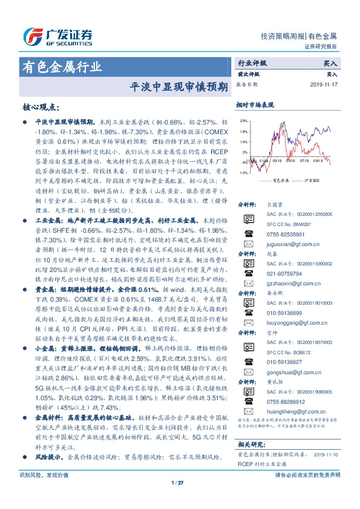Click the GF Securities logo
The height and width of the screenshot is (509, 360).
pos(57,35)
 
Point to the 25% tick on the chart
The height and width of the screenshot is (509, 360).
pos(243,120)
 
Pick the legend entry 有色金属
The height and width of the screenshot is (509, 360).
pos(282,180)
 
